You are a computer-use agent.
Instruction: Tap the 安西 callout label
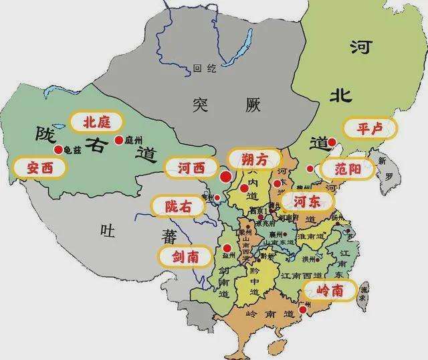pyautogui.click(x=39, y=167)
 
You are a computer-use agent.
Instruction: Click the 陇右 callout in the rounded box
pyautogui.click(x=179, y=207)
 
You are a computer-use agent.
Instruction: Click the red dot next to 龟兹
pyautogui.click(x=60, y=150)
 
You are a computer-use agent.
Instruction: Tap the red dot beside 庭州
pyautogui.click(x=119, y=140)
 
